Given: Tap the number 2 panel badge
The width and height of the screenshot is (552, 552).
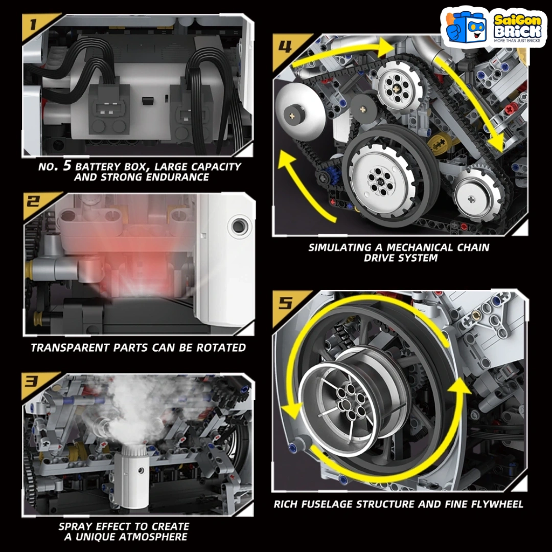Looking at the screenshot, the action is [33, 202].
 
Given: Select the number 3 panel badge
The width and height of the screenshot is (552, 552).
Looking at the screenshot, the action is [32, 381].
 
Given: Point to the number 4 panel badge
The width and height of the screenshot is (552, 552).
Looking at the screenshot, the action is [285, 47].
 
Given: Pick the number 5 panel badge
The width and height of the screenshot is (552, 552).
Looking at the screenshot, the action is [286, 303].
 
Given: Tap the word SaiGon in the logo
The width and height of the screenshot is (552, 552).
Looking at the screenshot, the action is [517, 20].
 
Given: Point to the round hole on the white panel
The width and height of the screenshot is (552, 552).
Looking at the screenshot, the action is [238, 226].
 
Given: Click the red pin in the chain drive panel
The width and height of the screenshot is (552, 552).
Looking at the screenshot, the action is [510, 109].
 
